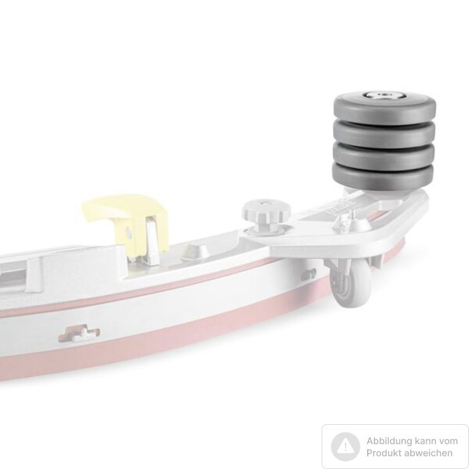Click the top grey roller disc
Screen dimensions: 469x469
(385, 106)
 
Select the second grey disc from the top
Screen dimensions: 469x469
(384, 133)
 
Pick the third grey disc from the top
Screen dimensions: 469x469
(383, 155)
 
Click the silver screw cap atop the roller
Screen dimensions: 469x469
(385, 95)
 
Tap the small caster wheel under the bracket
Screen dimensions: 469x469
(352, 287)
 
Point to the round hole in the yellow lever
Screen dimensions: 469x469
(129, 232)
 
